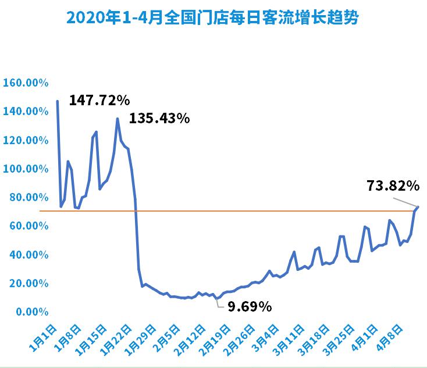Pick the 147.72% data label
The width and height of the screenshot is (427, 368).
coord(99,101)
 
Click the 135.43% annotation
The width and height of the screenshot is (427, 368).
coord(159,118)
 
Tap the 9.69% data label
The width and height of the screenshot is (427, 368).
coord(250,306)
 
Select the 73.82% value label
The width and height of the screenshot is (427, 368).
coord(393,186)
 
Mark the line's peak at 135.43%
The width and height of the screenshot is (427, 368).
coord(118,119)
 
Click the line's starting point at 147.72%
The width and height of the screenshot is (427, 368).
coord(57,101)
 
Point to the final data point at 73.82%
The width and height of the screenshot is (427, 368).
coord(418,206)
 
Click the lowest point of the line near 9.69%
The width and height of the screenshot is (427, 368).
coord(217,298)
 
